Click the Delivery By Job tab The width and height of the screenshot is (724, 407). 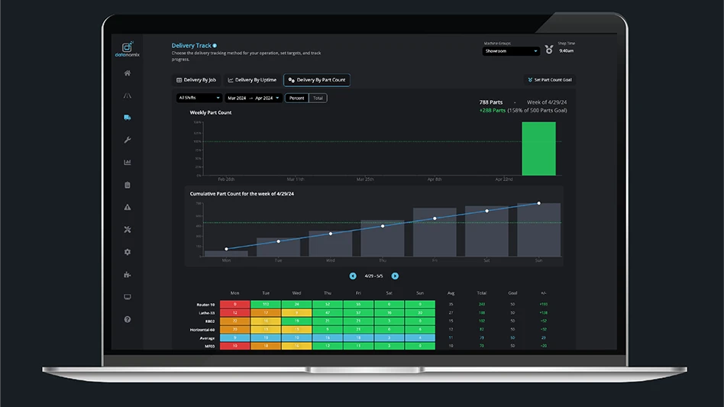click(196, 79)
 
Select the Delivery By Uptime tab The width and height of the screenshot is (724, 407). click(252, 79)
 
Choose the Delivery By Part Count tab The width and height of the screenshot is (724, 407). click(317, 79)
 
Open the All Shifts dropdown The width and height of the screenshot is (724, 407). click(199, 98)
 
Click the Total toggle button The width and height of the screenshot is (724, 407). click(318, 98)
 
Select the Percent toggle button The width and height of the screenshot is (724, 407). click(296, 98)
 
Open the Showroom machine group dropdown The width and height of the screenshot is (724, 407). click(511, 51)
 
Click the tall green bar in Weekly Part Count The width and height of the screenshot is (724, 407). click(538, 148)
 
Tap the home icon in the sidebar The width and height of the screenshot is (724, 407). click(128, 73)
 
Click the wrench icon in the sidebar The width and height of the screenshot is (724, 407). click(128, 140)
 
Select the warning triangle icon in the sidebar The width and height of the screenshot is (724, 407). click(128, 207)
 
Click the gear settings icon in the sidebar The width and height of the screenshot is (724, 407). click(128, 252)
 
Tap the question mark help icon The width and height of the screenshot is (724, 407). click(128, 319)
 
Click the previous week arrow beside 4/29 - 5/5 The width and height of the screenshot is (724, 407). click(353, 276)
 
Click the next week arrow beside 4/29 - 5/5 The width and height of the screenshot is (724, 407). click(395, 276)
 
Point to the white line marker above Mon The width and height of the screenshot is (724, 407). click(226, 249)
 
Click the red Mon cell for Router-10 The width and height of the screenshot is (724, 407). click(235, 305)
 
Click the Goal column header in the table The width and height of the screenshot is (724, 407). click(512, 293)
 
